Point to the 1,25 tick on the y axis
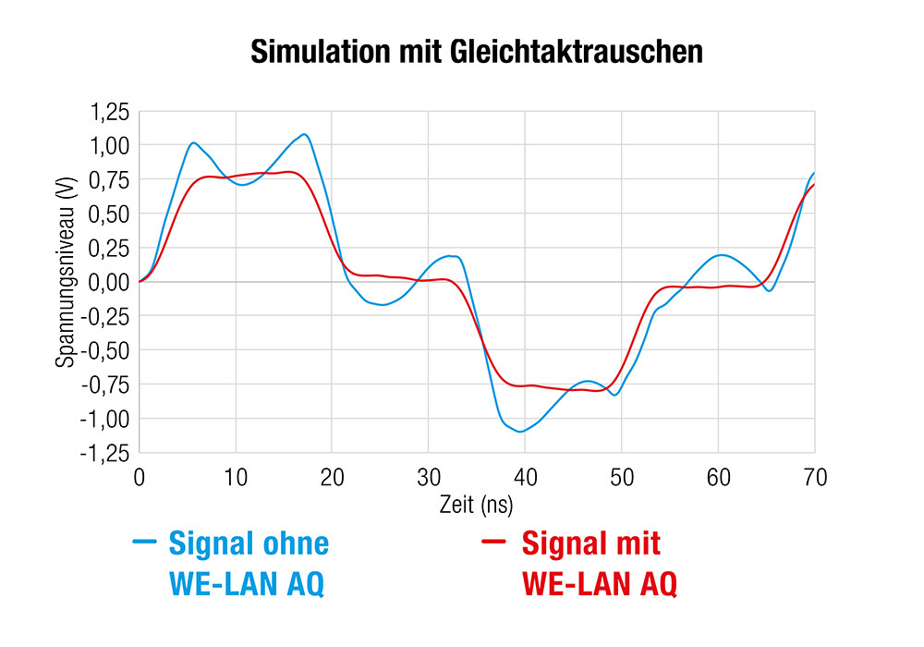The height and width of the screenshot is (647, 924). tap(109, 112)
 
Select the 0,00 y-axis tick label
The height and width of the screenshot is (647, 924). tap(109, 282)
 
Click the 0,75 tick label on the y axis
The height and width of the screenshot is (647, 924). tap(109, 179)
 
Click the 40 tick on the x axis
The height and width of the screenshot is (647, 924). tap(525, 478)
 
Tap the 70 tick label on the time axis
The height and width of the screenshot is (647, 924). tap(814, 478)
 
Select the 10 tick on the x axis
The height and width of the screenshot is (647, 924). tap(236, 478)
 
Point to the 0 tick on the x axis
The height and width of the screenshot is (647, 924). tap(140, 478)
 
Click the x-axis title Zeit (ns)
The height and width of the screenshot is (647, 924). tap(476, 505)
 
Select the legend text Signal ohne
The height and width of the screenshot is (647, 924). tap(249, 543)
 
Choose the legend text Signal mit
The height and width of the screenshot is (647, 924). tap(591, 543)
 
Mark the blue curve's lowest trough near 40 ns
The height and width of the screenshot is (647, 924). tap(521, 432)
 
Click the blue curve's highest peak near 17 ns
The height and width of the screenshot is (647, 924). tap(303, 134)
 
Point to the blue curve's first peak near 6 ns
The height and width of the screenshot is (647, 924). tap(193, 142)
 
